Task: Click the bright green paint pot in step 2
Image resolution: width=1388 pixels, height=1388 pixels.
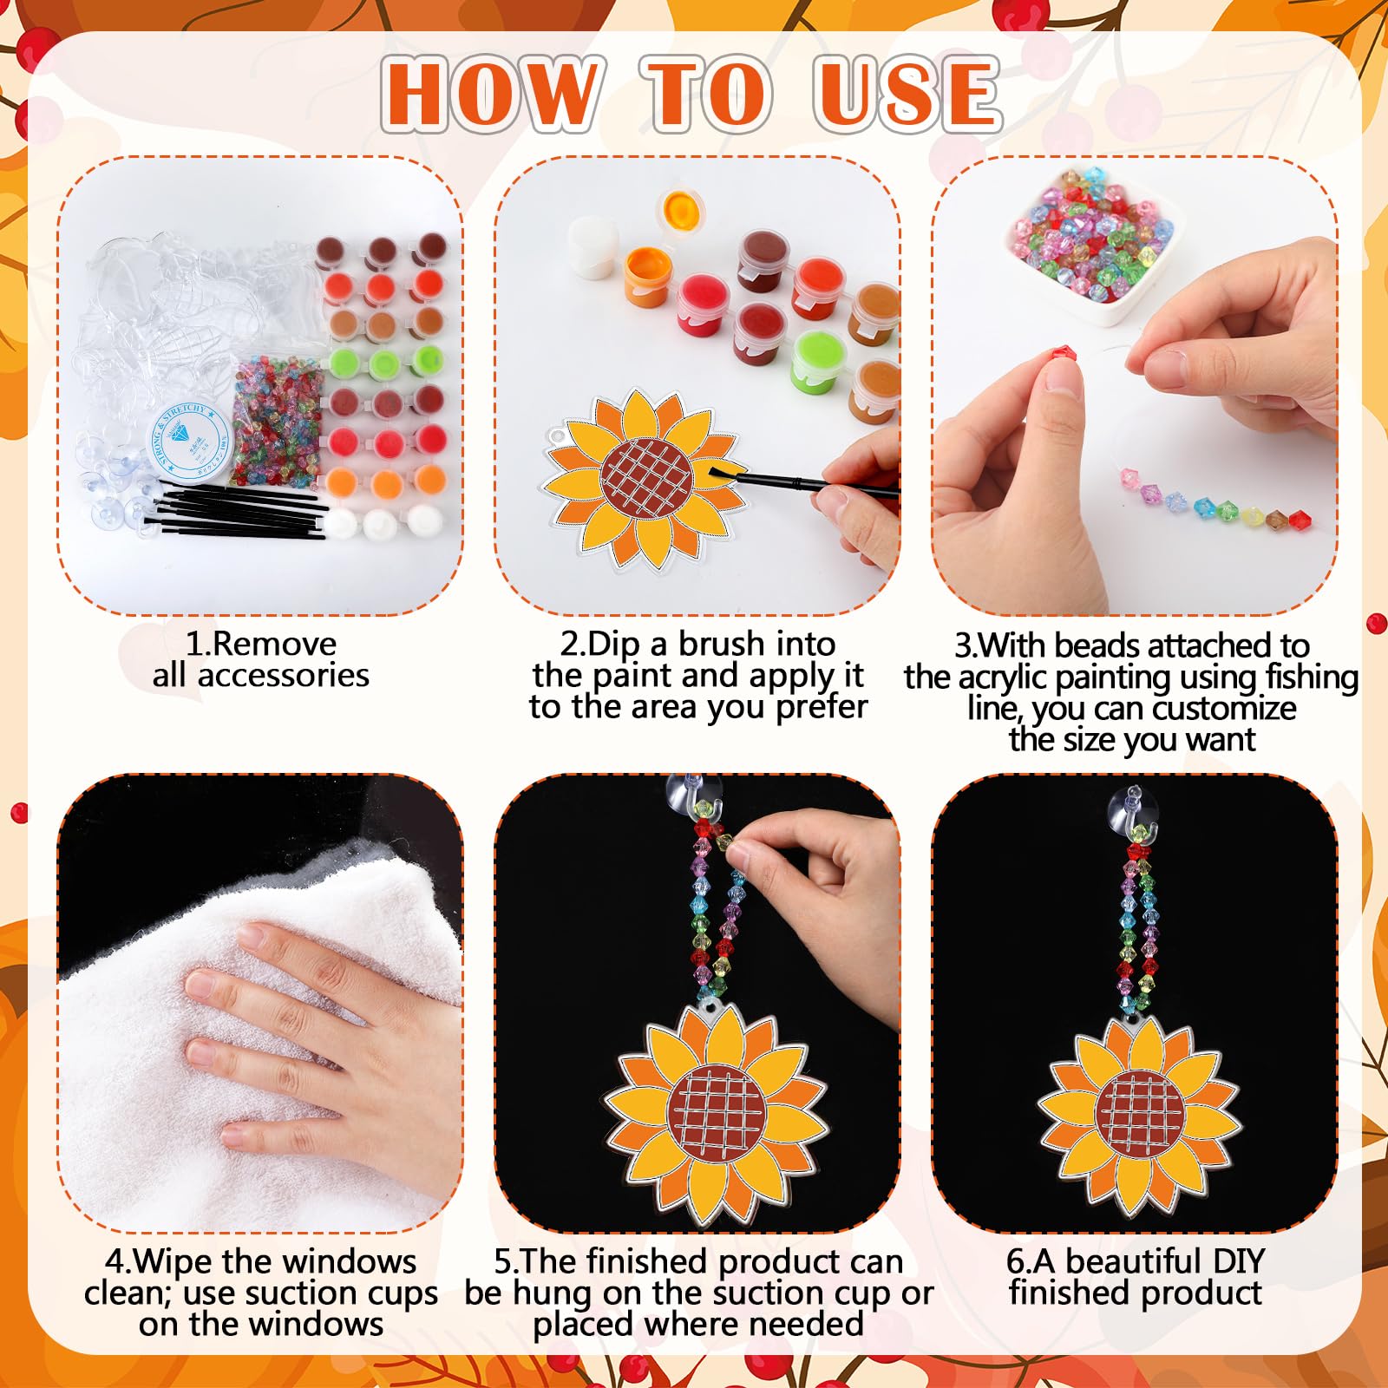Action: [x=819, y=358]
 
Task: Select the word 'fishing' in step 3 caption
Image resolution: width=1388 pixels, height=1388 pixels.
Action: [x=1312, y=678]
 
